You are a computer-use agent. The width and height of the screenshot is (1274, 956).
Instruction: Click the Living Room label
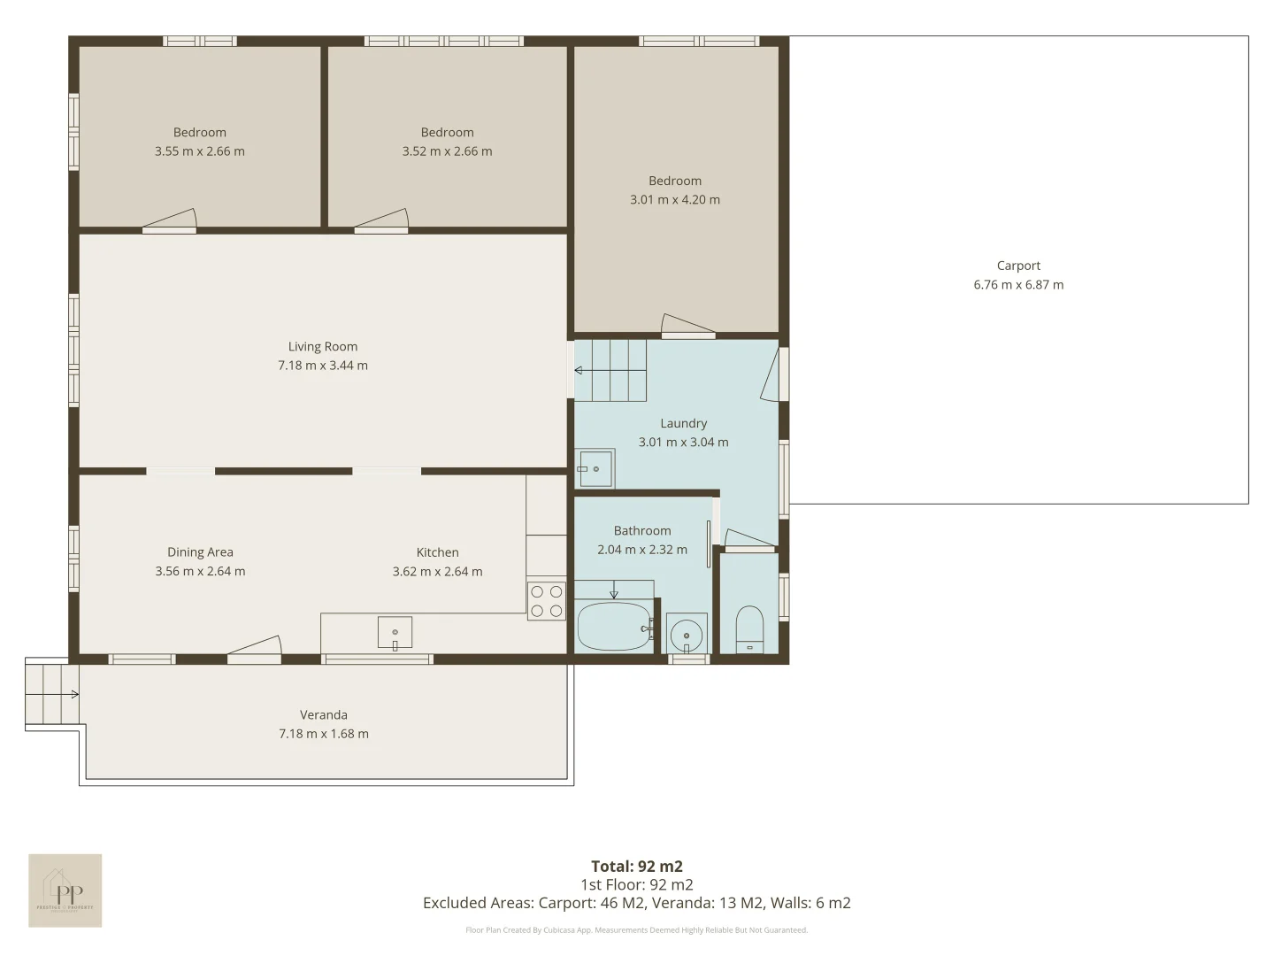click(x=323, y=347)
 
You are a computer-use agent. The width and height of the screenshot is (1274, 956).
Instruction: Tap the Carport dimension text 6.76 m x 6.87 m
click(x=1018, y=285)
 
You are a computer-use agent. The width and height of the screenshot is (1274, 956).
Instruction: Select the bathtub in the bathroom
click(x=613, y=627)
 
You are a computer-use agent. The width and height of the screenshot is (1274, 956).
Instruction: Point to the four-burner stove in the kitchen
click(x=546, y=601)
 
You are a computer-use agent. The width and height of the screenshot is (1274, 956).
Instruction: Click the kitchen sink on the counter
click(x=395, y=633)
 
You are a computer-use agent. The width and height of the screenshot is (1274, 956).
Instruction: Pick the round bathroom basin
click(x=686, y=635)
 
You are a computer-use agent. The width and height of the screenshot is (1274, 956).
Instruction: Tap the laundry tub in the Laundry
click(x=595, y=468)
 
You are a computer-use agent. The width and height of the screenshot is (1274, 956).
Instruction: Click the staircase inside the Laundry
click(x=610, y=370)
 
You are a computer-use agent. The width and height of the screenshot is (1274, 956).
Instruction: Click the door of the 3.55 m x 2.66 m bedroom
click(x=170, y=222)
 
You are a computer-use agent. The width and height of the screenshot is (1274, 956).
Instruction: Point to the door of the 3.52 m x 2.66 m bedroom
click(x=381, y=222)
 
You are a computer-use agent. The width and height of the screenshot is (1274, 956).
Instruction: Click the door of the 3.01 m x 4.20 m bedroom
click(x=687, y=328)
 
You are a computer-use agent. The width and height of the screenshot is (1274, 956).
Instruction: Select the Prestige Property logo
click(x=65, y=890)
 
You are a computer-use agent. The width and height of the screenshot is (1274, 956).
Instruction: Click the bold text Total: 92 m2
click(x=637, y=867)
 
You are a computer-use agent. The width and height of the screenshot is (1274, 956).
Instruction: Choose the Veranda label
click(x=323, y=715)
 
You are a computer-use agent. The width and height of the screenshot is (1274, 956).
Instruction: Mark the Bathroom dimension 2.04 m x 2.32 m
click(x=642, y=550)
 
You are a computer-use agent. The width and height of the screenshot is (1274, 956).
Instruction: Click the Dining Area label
click(x=200, y=552)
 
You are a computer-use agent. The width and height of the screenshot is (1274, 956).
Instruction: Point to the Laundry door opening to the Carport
click(x=773, y=374)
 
